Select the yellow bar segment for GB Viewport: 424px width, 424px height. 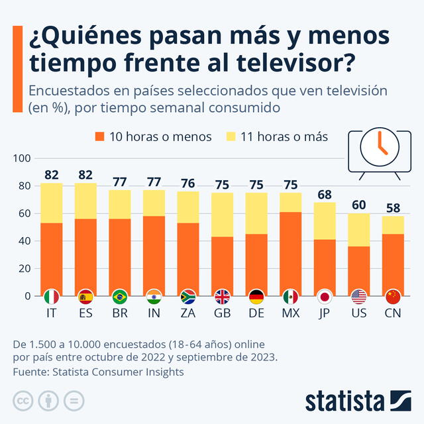(x=222, y=215)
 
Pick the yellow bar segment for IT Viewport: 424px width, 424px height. (x=51, y=203)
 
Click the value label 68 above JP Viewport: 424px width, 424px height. (x=324, y=195)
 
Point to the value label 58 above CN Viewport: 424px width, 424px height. (x=393, y=209)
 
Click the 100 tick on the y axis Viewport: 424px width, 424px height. (x=22, y=158)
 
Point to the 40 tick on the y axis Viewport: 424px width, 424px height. (x=25, y=241)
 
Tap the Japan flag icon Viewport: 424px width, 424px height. (x=325, y=296)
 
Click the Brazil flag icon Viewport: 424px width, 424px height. (x=120, y=296)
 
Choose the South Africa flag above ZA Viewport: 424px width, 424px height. (x=188, y=296)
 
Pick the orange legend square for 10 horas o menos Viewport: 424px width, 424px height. (x=100, y=137)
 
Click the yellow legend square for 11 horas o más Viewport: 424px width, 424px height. (x=231, y=137)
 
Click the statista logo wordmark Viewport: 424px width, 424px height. (x=344, y=401)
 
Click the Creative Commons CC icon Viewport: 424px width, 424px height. (x=23, y=400)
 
